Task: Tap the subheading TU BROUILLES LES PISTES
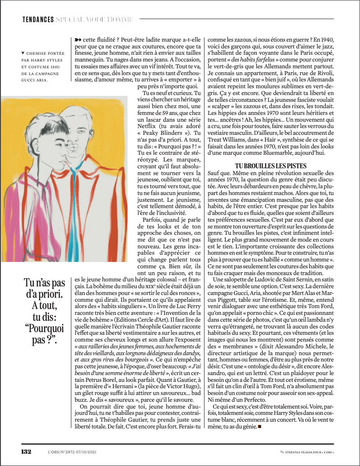point(271,166)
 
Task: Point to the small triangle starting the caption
point(23,52)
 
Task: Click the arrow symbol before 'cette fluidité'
point(74,39)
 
